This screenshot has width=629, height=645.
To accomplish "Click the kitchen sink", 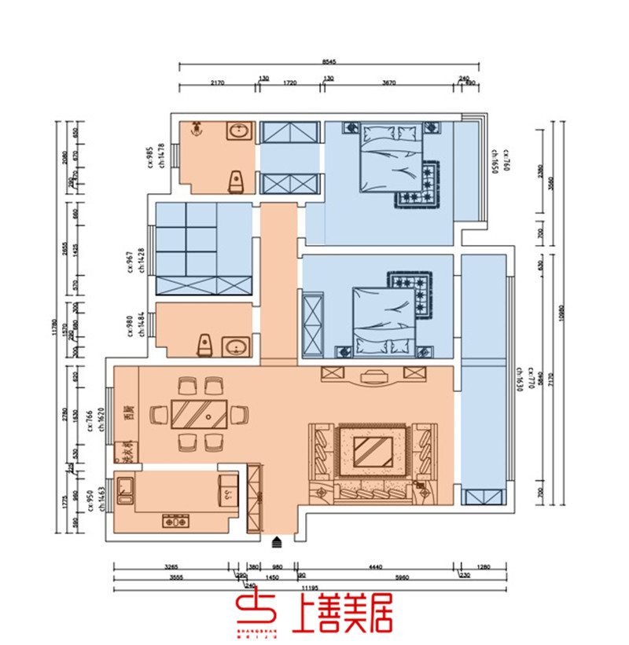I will (x=126, y=490).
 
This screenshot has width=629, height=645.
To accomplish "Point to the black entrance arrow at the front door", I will (x=277, y=541).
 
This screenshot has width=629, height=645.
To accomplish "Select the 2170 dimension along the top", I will (x=218, y=82).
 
